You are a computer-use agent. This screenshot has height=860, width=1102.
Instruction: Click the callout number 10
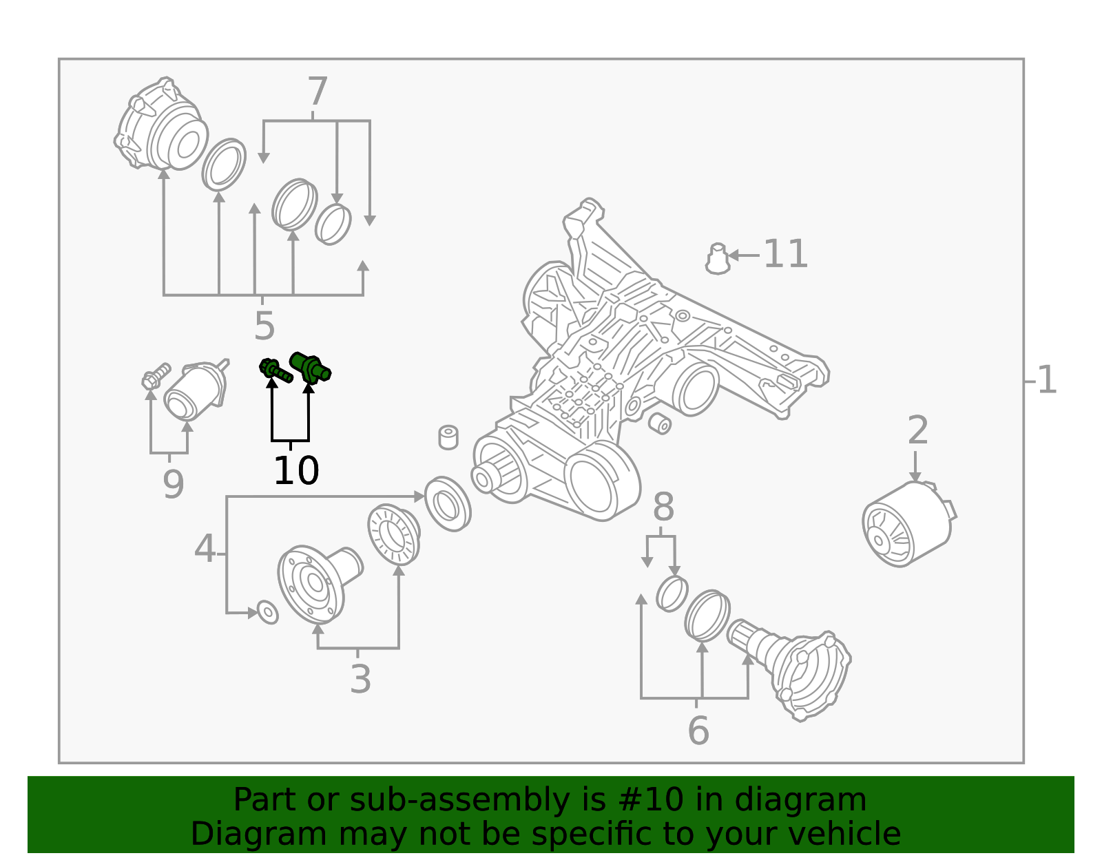click(296, 471)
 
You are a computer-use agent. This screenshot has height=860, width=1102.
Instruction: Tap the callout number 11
click(785, 254)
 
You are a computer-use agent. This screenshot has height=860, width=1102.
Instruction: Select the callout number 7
click(317, 92)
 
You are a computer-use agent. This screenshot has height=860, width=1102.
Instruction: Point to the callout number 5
click(264, 326)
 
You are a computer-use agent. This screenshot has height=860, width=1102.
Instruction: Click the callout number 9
click(174, 484)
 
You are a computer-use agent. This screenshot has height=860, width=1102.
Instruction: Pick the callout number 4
click(205, 549)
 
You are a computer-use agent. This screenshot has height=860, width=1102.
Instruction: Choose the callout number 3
click(360, 679)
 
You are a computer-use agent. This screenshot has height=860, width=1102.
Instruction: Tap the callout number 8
click(663, 507)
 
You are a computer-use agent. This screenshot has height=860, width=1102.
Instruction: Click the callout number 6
click(698, 731)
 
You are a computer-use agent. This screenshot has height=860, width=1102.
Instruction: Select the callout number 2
click(917, 431)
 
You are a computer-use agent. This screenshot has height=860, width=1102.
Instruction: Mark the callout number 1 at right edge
click(1046, 380)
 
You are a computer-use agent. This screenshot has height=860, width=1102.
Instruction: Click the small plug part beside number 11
click(718, 259)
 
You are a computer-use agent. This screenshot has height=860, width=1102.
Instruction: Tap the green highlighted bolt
click(275, 370)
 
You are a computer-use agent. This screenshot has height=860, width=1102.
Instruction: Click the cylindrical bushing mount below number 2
click(905, 525)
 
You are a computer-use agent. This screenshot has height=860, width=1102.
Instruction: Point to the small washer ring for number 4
click(267, 611)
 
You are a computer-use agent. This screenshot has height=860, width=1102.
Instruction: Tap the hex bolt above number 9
click(156, 376)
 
